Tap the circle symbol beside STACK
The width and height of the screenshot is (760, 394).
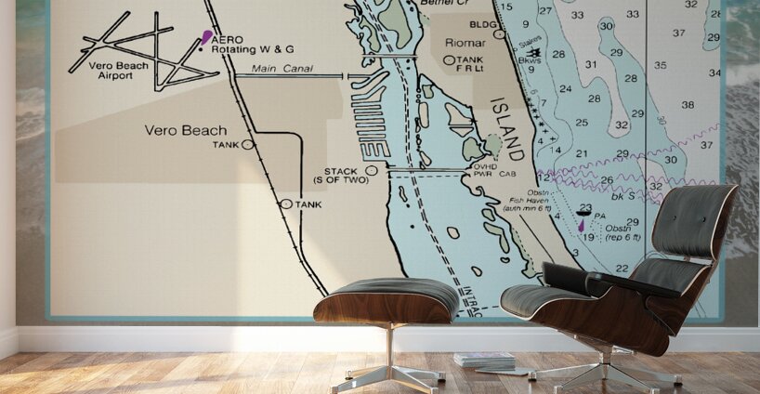coord(372,170)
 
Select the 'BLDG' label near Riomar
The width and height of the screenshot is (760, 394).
coord(483,24)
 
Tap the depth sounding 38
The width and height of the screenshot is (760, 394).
coord(688,104)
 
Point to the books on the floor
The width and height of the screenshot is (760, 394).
coord(483,360)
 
